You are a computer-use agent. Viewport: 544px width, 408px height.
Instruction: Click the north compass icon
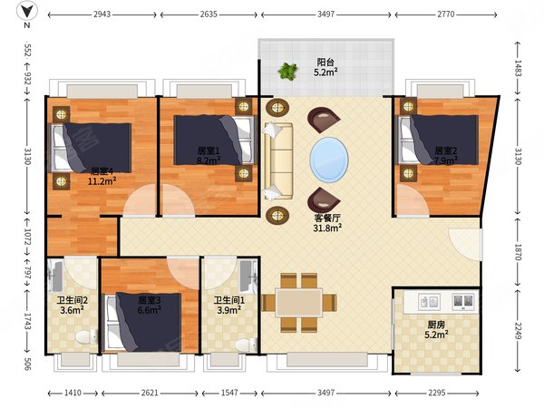coord(27,12)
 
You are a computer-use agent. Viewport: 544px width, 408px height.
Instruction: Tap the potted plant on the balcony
coord(287,71)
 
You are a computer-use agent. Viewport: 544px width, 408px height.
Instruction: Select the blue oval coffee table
coord(329,160)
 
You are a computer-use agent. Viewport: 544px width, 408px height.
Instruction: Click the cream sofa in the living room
coord(278,161)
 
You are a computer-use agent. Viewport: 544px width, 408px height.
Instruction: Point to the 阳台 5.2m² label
coord(325,67)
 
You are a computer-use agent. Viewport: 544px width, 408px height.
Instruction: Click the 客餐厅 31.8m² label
coord(327,223)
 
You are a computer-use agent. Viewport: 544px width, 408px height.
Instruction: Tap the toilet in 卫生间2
coord(86,336)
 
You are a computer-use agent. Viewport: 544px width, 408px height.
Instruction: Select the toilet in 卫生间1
coord(246,345)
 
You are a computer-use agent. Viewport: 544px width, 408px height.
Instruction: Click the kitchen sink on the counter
coord(430,302)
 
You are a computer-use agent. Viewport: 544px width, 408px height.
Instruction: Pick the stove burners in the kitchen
coord(463,301)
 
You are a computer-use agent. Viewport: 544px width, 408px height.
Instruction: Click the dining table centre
coord(299,302)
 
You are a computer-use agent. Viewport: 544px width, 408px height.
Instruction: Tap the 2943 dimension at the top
coord(102,15)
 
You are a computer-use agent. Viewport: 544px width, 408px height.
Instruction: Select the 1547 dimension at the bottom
coord(229,393)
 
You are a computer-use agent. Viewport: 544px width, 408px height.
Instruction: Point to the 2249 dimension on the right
coord(518,331)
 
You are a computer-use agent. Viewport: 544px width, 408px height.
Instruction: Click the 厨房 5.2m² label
coord(436,330)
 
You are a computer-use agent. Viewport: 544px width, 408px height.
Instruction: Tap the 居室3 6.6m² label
coord(150,305)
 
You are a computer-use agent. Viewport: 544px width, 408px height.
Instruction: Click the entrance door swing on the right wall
coord(465,244)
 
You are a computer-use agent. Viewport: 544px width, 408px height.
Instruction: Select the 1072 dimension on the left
coord(28,237)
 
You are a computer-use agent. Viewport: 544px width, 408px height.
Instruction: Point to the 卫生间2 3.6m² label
coord(73,305)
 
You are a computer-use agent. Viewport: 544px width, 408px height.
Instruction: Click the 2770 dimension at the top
coord(446,15)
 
